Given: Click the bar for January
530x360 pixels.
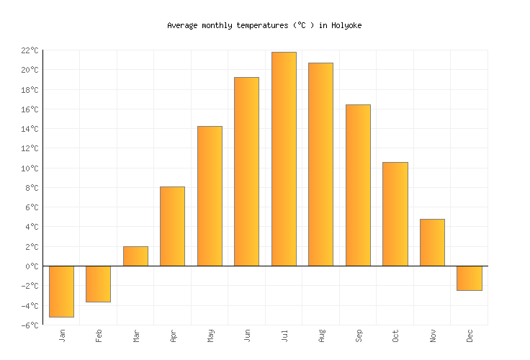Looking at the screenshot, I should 61,291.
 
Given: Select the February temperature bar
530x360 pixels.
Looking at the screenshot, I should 99,284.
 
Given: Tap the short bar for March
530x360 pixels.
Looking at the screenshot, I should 135,256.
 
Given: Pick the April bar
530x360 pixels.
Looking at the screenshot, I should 172,226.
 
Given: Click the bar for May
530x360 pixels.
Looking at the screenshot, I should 210,196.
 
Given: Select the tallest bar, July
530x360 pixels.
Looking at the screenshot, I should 284,159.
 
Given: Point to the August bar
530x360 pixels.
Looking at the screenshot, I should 320,164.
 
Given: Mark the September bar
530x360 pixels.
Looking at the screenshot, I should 358,185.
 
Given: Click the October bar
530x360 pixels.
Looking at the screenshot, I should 395,214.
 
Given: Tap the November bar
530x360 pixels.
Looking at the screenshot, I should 432,243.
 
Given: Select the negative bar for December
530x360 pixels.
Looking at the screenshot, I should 469,278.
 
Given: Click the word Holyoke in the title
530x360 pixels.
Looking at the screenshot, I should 346,25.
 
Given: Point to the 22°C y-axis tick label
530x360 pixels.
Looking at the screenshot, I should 30,50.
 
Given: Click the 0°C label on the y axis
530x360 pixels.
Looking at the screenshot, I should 32,266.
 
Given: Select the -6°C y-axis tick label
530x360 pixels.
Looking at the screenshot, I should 30,325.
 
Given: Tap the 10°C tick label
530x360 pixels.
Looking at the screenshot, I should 30,168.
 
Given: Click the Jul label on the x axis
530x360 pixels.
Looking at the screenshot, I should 284,336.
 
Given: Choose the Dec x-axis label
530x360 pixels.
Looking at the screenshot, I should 470,336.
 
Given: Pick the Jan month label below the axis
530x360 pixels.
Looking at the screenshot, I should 62,336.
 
